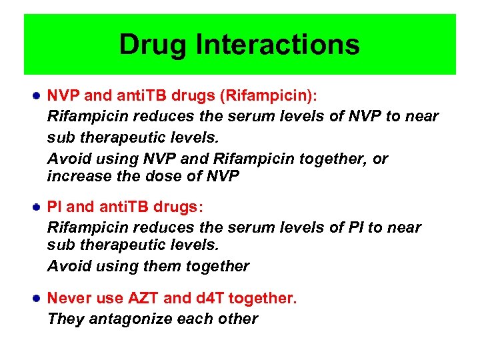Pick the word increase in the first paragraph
coord(76,177)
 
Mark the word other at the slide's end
coord(238,319)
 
